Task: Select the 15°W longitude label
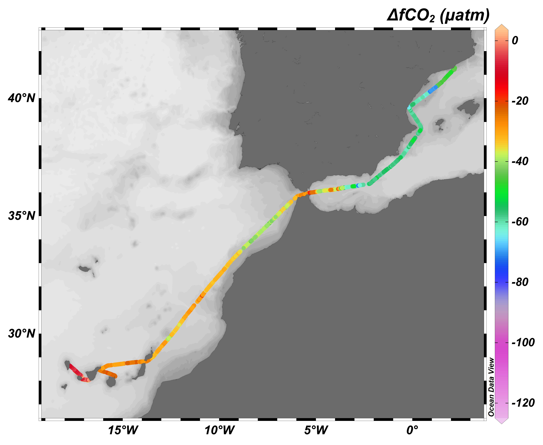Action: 123,430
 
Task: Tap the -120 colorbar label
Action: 523,403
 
